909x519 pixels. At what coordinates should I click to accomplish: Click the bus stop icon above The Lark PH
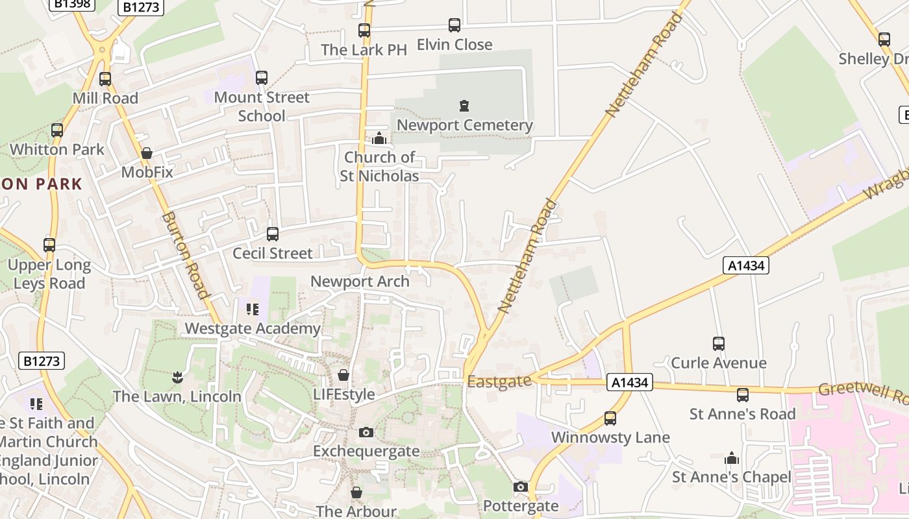tap(364, 30)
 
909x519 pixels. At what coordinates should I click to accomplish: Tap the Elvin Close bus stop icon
tap(454, 25)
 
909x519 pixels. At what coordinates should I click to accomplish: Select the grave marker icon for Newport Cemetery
tap(464, 105)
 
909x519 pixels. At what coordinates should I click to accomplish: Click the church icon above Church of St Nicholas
tap(379, 138)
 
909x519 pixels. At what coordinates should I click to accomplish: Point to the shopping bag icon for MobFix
tap(147, 153)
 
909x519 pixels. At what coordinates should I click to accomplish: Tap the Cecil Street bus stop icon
tap(273, 234)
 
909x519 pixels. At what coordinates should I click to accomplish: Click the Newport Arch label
tap(360, 282)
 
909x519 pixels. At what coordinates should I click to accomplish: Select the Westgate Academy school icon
tap(253, 309)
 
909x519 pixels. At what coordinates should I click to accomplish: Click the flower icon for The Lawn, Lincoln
tap(177, 377)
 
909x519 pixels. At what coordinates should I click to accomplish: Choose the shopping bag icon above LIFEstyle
tap(343, 375)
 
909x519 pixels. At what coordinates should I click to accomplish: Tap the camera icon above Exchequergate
tap(366, 432)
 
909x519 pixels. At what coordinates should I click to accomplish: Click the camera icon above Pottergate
tap(520, 487)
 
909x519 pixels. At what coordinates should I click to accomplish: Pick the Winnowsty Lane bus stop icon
tap(610, 418)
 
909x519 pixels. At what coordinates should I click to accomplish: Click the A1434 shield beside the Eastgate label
tap(630, 383)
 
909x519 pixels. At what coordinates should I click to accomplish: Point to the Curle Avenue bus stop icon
tap(719, 343)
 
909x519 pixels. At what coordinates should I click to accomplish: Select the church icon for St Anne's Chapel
tap(732, 458)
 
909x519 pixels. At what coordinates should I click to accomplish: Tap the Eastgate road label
tap(499, 381)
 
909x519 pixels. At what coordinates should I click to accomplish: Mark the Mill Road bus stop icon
tap(105, 79)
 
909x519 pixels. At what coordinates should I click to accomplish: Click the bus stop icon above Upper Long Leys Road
tap(49, 245)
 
